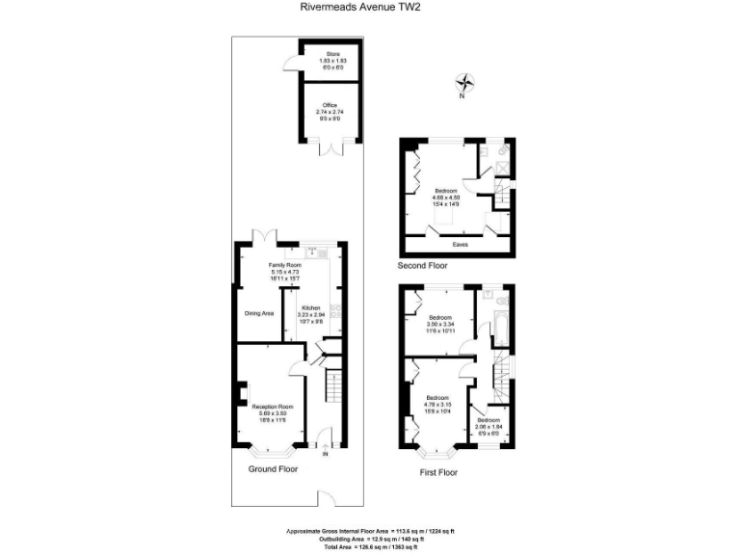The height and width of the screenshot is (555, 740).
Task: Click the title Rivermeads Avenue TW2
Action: (370, 8)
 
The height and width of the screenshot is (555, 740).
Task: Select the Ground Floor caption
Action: (273, 469)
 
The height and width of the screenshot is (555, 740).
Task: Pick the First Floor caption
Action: (438, 473)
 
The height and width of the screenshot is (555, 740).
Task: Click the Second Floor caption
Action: (423, 264)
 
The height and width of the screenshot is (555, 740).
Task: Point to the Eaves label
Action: (461, 245)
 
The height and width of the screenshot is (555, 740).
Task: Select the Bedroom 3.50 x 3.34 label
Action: (441, 324)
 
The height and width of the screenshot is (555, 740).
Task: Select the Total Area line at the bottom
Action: (370, 545)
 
